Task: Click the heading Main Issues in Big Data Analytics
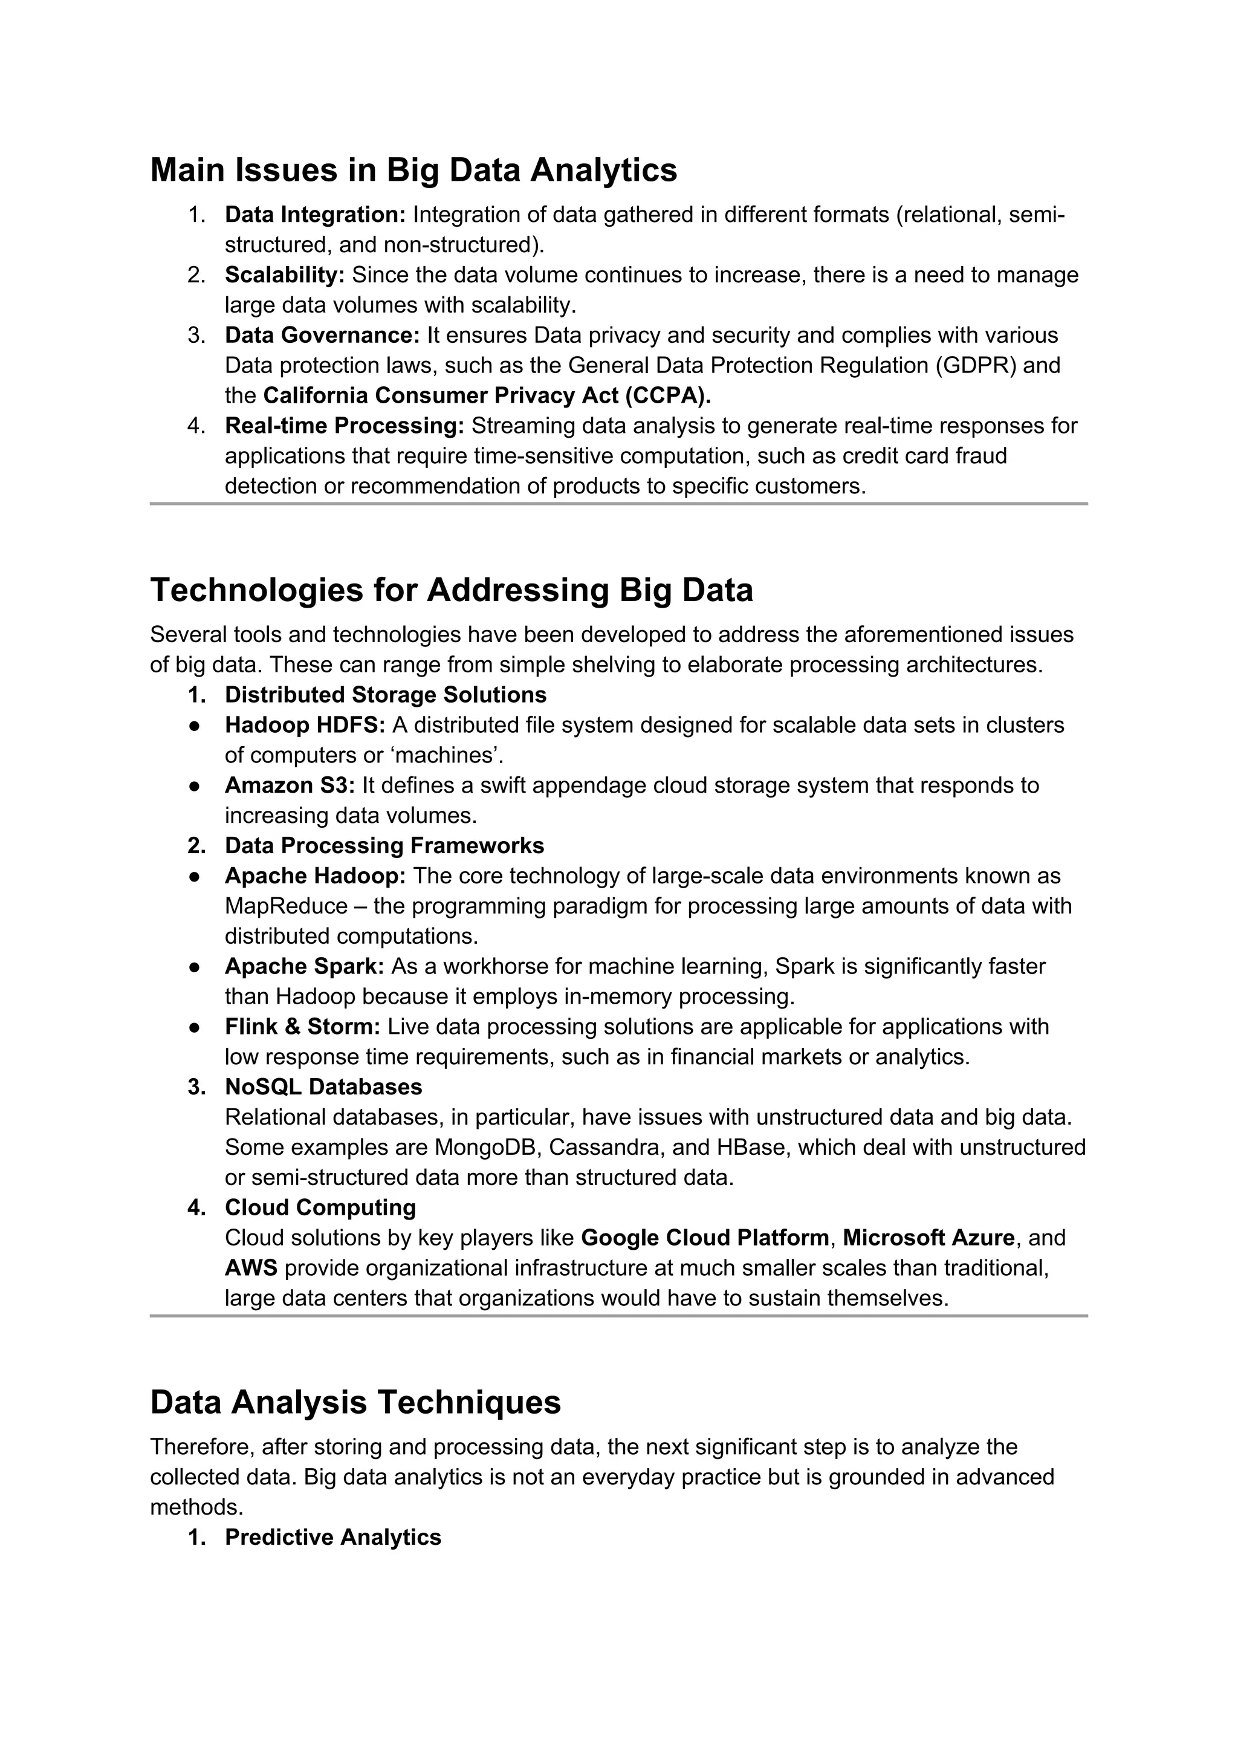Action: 413,169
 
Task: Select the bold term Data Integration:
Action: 315,215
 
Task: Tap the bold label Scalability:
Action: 284,275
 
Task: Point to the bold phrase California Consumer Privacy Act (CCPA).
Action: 487,396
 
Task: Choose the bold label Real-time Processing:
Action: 344,426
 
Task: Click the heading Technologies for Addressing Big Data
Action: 452,590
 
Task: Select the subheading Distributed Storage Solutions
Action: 385,695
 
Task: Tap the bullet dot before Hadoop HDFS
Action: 195,726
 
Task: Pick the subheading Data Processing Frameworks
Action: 384,846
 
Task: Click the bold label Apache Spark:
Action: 304,966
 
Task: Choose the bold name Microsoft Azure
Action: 928,1237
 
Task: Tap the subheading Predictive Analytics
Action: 332,1537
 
